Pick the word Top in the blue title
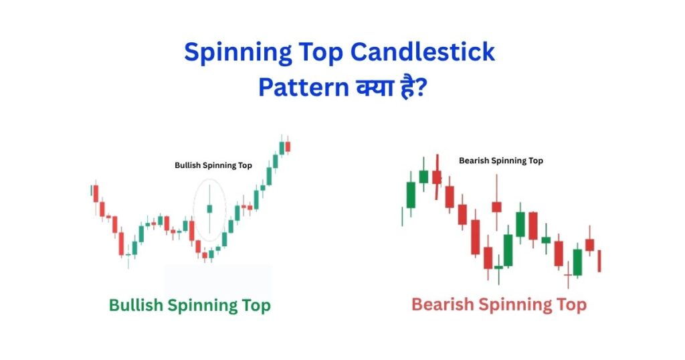pyautogui.click(x=316, y=53)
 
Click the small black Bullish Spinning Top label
pyautogui.click(x=213, y=165)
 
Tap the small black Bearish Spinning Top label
pyautogui.click(x=501, y=161)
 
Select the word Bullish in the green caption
pyautogui.click(x=136, y=306)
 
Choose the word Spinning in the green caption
pyautogui.click(x=202, y=306)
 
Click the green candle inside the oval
pyautogui.click(x=209, y=209)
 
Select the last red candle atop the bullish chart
pyautogui.click(x=288, y=147)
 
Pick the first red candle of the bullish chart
pyautogui.click(x=96, y=193)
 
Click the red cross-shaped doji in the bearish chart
pyautogui.click(x=568, y=275)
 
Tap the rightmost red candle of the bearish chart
pyautogui.click(x=599, y=260)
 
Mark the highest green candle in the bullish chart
pyautogui.click(x=282, y=148)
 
